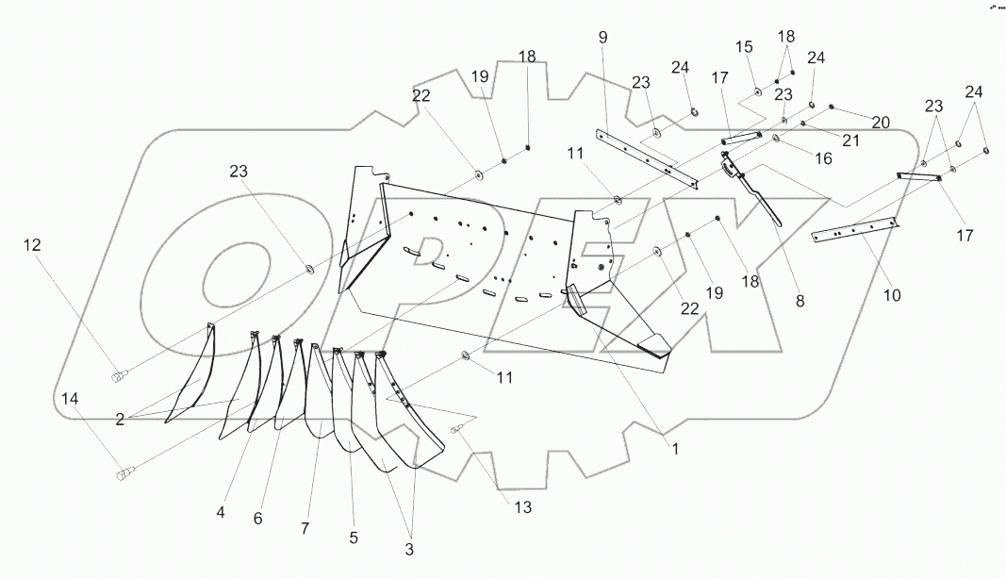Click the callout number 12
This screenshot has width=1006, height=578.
pyautogui.click(x=33, y=245)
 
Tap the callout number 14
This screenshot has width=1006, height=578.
pyautogui.click(x=70, y=399)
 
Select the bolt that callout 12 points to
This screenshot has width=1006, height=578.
pyautogui.click(x=120, y=377)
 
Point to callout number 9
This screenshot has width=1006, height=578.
pyautogui.click(x=603, y=38)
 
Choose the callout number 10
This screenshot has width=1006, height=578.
pyautogui.click(x=892, y=295)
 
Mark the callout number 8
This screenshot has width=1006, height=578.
pyautogui.click(x=800, y=302)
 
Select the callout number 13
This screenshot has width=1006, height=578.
pyautogui.click(x=522, y=507)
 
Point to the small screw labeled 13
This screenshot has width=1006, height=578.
pyautogui.click(x=457, y=431)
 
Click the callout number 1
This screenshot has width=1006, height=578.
pyautogui.click(x=675, y=452)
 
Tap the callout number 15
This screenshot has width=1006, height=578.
pyautogui.click(x=745, y=47)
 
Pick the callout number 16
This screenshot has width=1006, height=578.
pyautogui.click(x=824, y=158)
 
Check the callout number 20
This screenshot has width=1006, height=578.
pyautogui.click(x=881, y=122)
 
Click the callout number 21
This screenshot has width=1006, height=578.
pyautogui.click(x=852, y=140)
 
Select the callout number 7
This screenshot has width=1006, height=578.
pyautogui.click(x=305, y=529)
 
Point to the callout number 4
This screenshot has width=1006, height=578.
pyautogui.click(x=220, y=513)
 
